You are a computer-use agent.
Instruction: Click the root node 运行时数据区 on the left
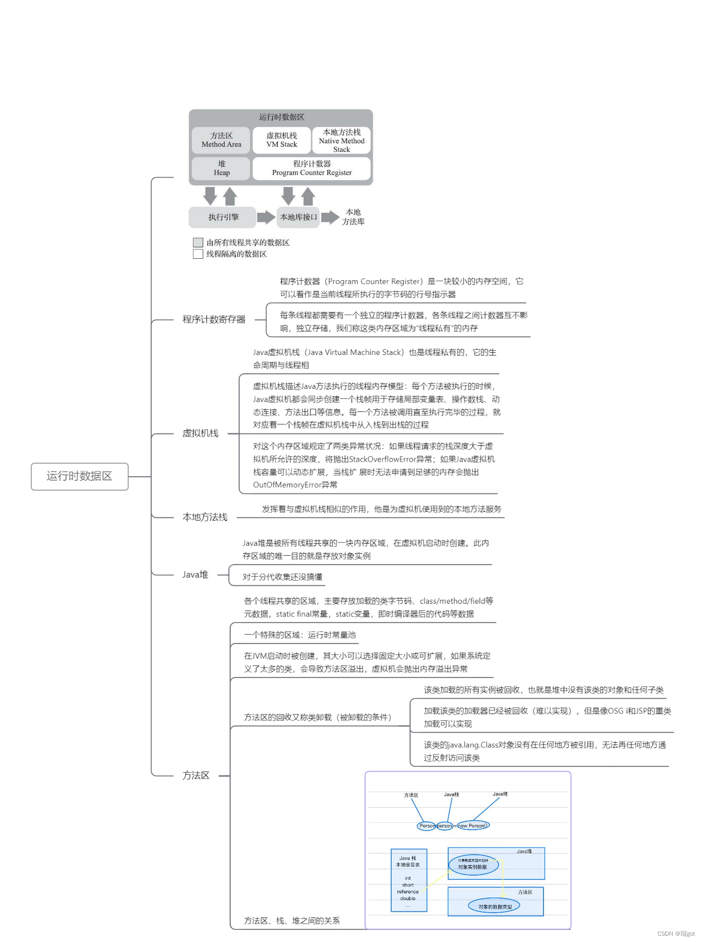tap(80, 476)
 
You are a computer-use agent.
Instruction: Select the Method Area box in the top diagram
tap(221, 140)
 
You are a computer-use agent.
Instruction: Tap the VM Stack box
tap(281, 140)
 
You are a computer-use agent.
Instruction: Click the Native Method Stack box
tap(342, 141)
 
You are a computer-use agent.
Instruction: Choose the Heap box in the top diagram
tap(221, 168)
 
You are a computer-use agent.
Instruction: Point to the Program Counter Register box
tap(312, 168)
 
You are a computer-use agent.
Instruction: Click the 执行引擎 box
tap(223, 217)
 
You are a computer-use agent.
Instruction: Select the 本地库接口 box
tap(298, 217)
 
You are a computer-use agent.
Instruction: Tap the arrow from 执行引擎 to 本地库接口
tap(266, 217)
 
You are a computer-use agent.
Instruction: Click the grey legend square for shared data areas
tap(198, 242)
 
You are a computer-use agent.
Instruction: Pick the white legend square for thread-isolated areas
tap(198, 254)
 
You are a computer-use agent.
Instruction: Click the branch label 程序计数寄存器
tap(213, 319)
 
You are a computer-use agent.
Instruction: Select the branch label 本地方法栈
tap(205, 517)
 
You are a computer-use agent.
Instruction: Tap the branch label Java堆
tap(195, 575)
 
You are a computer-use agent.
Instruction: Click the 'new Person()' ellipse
tap(473, 825)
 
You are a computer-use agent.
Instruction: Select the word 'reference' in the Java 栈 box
tap(407, 892)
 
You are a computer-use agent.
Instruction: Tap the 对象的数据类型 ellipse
tap(494, 906)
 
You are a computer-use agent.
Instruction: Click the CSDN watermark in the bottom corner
tap(676, 934)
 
